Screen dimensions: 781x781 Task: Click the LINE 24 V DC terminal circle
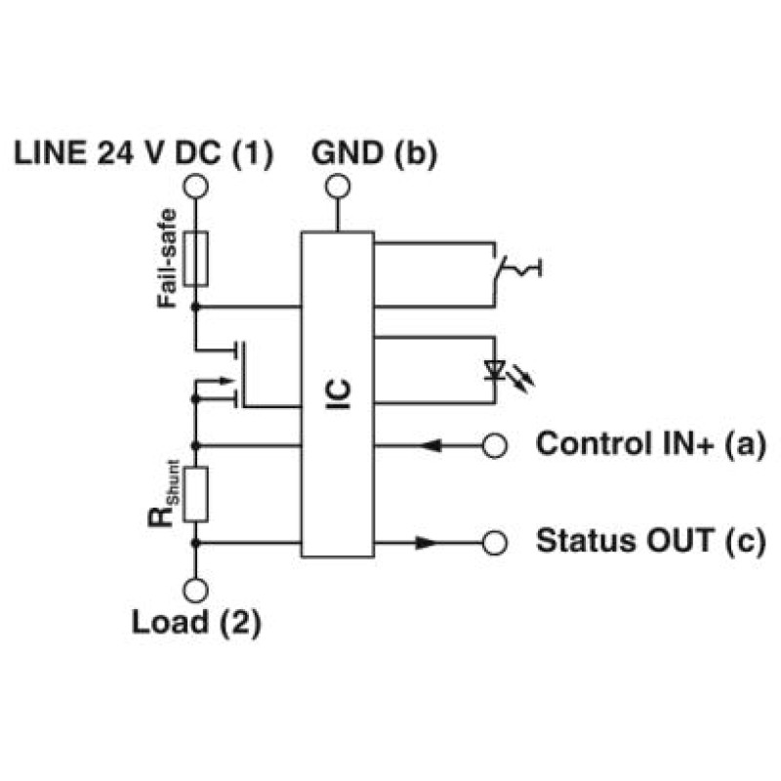195,186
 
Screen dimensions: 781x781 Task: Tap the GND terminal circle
338,186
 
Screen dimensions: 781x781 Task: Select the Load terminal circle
195,591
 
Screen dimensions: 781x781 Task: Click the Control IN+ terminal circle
495,446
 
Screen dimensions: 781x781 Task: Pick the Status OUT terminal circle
495,543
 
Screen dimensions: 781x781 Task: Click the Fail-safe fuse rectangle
196,259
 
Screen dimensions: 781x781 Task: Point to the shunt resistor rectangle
196,494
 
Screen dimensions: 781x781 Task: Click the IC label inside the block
338,394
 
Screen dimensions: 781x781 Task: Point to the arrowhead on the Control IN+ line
430,446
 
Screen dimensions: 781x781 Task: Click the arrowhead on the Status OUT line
428,543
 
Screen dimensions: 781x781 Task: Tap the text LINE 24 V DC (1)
144,153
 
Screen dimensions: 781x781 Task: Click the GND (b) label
375,153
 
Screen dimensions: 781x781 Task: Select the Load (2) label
196,623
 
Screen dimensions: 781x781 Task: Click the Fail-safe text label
167,259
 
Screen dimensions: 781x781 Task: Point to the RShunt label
163,494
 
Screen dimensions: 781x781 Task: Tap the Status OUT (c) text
651,542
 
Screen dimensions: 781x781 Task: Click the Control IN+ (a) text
651,444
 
